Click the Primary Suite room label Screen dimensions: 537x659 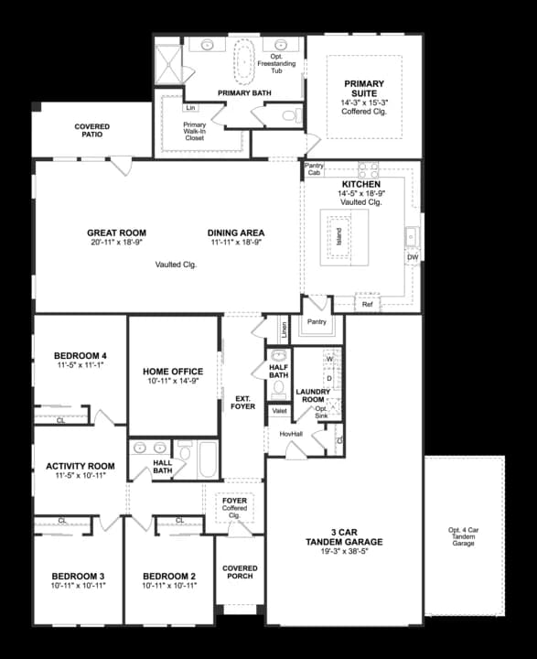tap(364, 88)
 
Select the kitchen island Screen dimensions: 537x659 tap(344, 237)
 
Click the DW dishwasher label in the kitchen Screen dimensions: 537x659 tap(413, 257)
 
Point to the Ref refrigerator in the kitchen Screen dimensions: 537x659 tap(367, 304)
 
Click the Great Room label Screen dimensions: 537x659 tap(116, 232)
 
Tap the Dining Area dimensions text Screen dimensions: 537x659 tap(236, 242)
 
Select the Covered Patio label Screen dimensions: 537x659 tap(92, 130)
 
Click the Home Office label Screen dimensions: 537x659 tap(173, 371)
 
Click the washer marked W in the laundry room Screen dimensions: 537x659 tap(330, 359)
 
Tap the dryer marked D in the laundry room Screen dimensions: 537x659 tap(330, 378)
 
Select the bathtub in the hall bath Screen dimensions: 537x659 tap(208, 459)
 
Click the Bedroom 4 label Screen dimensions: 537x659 tap(81, 355)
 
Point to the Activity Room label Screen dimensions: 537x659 tap(81, 466)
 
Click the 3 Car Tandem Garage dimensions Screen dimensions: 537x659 tap(344, 551)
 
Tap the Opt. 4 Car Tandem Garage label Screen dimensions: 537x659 tap(464, 536)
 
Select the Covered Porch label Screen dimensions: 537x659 tap(240, 572)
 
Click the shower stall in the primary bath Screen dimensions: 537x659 tap(168, 64)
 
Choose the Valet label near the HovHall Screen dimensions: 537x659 tap(279, 411)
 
